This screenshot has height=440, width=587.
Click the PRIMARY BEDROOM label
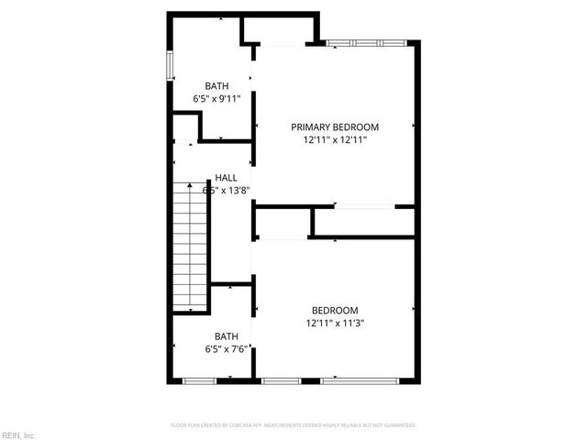coord(335,127)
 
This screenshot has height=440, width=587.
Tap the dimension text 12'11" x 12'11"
coord(335,140)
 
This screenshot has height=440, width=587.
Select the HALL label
coord(227,178)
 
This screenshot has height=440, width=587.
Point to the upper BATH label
coord(216,85)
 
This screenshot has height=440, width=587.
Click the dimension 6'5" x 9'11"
coord(216,98)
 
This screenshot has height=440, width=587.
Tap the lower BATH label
coord(226,336)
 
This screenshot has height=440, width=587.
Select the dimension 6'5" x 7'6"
coord(226,349)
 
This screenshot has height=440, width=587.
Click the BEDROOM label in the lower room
coord(335,311)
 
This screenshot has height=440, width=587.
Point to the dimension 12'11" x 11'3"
coord(335,324)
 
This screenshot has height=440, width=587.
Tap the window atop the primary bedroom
coord(366,42)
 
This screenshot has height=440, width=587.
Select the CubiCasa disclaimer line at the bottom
coord(293,425)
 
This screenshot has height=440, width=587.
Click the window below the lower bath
coord(198,379)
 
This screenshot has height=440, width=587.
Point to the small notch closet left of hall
coord(185,126)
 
